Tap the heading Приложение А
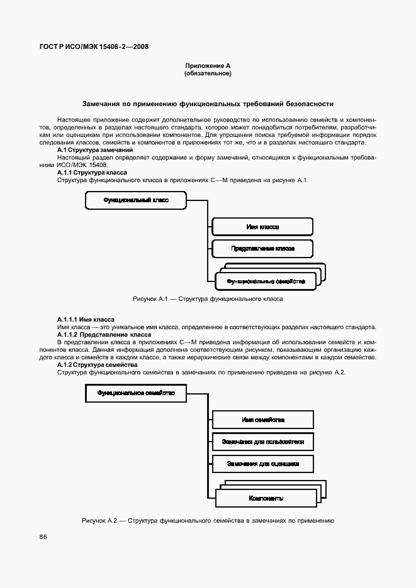pos(208,66)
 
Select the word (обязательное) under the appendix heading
pos(208,73)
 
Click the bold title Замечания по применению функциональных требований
pos(208,104)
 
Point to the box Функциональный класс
pos(136,200)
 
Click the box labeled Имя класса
pos(262,227)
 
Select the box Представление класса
pos(262,249)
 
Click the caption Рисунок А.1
pos(208,299)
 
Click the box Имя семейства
pos(263,420)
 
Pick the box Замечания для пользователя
pos(263,442)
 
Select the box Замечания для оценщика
pos(263,464)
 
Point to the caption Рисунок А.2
pos(208,521)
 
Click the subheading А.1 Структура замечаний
pos(94,151)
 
